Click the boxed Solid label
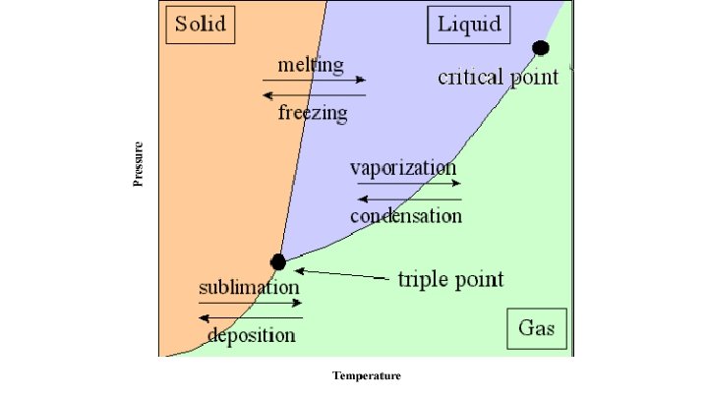click(x=200, y=25)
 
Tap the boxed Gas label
click(x=536, y=328)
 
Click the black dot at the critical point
click(x=540, y=47)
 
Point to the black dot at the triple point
click(x=278, y=261)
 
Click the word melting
click(x=311, y=65)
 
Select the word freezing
click(x=313, y=113)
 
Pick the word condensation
click(x=405, y=215)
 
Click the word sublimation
click(x=249, y=288)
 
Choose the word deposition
click(x=251, y=335)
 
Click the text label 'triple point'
click(x=450, y=279)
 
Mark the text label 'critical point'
click(x=498, y=77)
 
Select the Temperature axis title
click(x=367, y=375)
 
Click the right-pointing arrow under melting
click(x=314, y=80)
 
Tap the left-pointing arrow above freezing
click(x=314, y=95)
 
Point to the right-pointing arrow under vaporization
click(x=407, y=183)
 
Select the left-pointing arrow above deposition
click(x=251, y=317)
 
